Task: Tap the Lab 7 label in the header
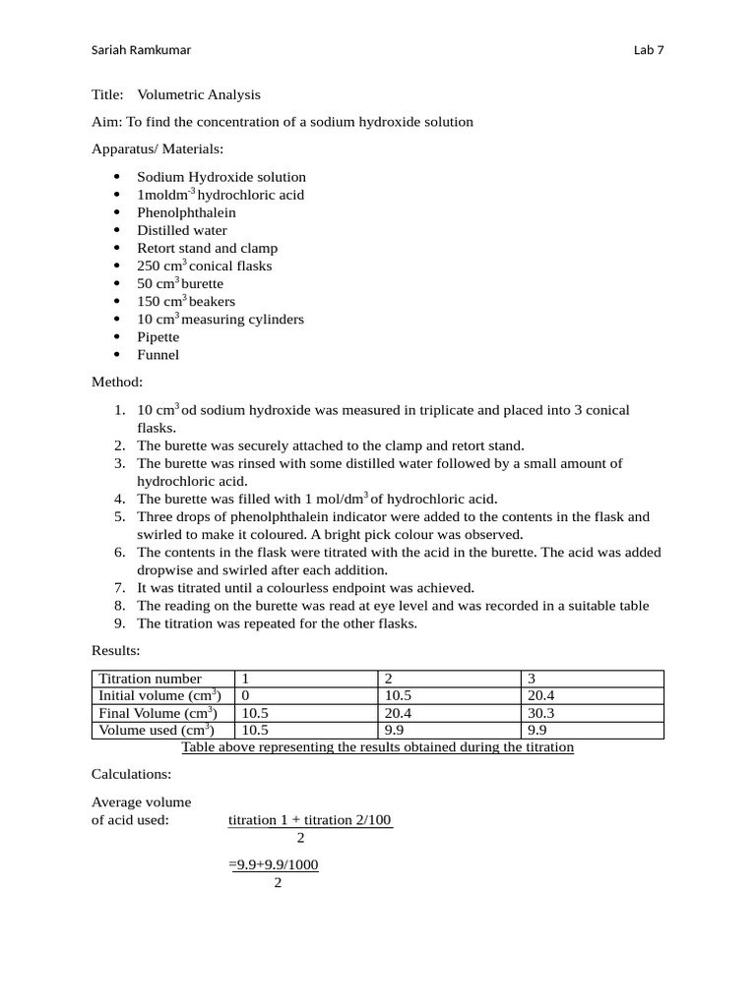point(650,51)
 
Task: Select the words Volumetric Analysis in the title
point(199,95)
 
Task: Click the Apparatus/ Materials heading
point(157,149)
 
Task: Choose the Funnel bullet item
point(157,355)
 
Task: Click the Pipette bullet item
point(157,337)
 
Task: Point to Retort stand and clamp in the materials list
point(207,248)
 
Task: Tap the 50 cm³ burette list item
point(180,284)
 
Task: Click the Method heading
point(117,382)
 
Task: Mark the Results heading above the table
point(116,651)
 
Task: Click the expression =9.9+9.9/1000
point(274,865)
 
